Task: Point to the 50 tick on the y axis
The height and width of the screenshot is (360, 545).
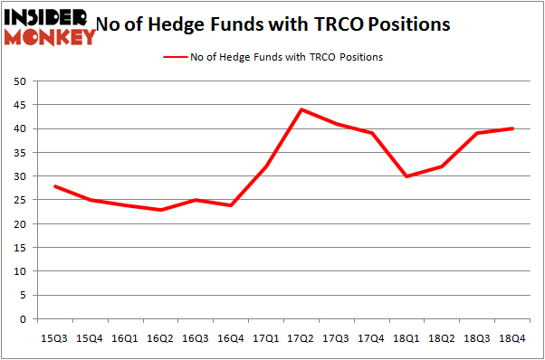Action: point(19,81)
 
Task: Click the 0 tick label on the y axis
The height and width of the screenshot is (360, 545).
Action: point(22,319)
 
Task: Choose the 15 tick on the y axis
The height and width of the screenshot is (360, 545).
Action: point(19,248)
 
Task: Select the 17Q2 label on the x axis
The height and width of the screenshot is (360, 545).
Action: point(301,337)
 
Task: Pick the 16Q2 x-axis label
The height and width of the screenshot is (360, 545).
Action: point(160,337)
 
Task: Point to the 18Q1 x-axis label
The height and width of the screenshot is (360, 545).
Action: point(407,337)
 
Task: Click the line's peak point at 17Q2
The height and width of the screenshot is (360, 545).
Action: point(301,109)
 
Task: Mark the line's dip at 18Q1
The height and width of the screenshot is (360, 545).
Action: point(407,176)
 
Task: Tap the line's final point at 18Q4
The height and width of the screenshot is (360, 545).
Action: point(512,128)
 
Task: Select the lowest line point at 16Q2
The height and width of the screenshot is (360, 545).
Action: point(160,210)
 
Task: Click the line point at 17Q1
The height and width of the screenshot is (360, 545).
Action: point(266,166)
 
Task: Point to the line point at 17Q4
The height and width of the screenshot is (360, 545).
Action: point(372,133)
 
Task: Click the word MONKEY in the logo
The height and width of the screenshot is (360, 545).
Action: point(51,37)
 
